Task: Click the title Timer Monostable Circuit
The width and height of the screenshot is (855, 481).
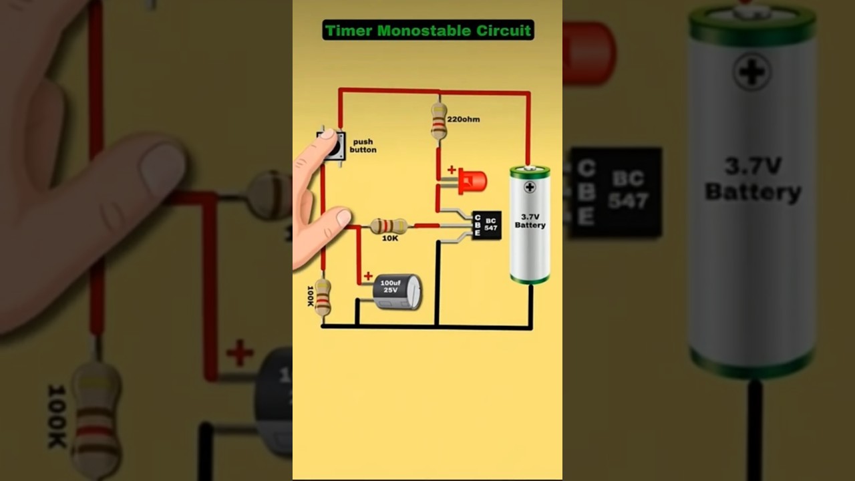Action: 428,30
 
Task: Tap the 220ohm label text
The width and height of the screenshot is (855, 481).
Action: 463,120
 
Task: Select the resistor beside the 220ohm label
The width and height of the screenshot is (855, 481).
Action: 439,121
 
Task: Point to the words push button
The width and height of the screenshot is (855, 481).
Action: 363,146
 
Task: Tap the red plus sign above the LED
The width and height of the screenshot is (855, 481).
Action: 452,170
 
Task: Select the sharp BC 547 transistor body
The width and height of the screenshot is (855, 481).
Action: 487,226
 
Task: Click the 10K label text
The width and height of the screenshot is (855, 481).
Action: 390,238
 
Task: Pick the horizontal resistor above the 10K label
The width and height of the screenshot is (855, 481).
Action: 389,226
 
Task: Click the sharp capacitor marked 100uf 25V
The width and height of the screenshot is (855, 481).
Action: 397,292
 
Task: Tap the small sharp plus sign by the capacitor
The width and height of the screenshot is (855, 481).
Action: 368,276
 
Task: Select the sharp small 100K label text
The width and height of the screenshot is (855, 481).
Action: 311,296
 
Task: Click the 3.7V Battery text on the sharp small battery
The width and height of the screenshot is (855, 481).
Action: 530,221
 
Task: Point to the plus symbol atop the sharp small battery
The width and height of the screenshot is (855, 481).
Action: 530,187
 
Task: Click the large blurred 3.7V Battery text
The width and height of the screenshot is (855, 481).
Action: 753,179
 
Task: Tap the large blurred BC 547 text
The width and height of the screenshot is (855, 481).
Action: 628,190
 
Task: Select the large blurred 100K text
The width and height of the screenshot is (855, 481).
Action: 57,416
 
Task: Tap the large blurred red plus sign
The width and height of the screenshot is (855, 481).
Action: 239,353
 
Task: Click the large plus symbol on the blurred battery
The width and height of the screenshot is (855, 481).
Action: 752,71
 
